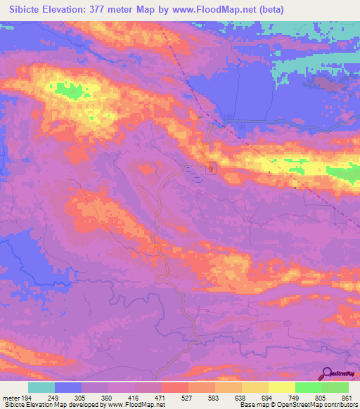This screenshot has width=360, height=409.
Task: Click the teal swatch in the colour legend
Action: pyautogui.click(x=41, y=388)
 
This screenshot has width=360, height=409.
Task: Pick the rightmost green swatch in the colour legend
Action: pyautogui.click(x=335, y=388)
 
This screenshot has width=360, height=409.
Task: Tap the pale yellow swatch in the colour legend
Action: pyautogui.click(x=282, y=388)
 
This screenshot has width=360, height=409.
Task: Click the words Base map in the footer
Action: pyautogui.click(x=252, y=405)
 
